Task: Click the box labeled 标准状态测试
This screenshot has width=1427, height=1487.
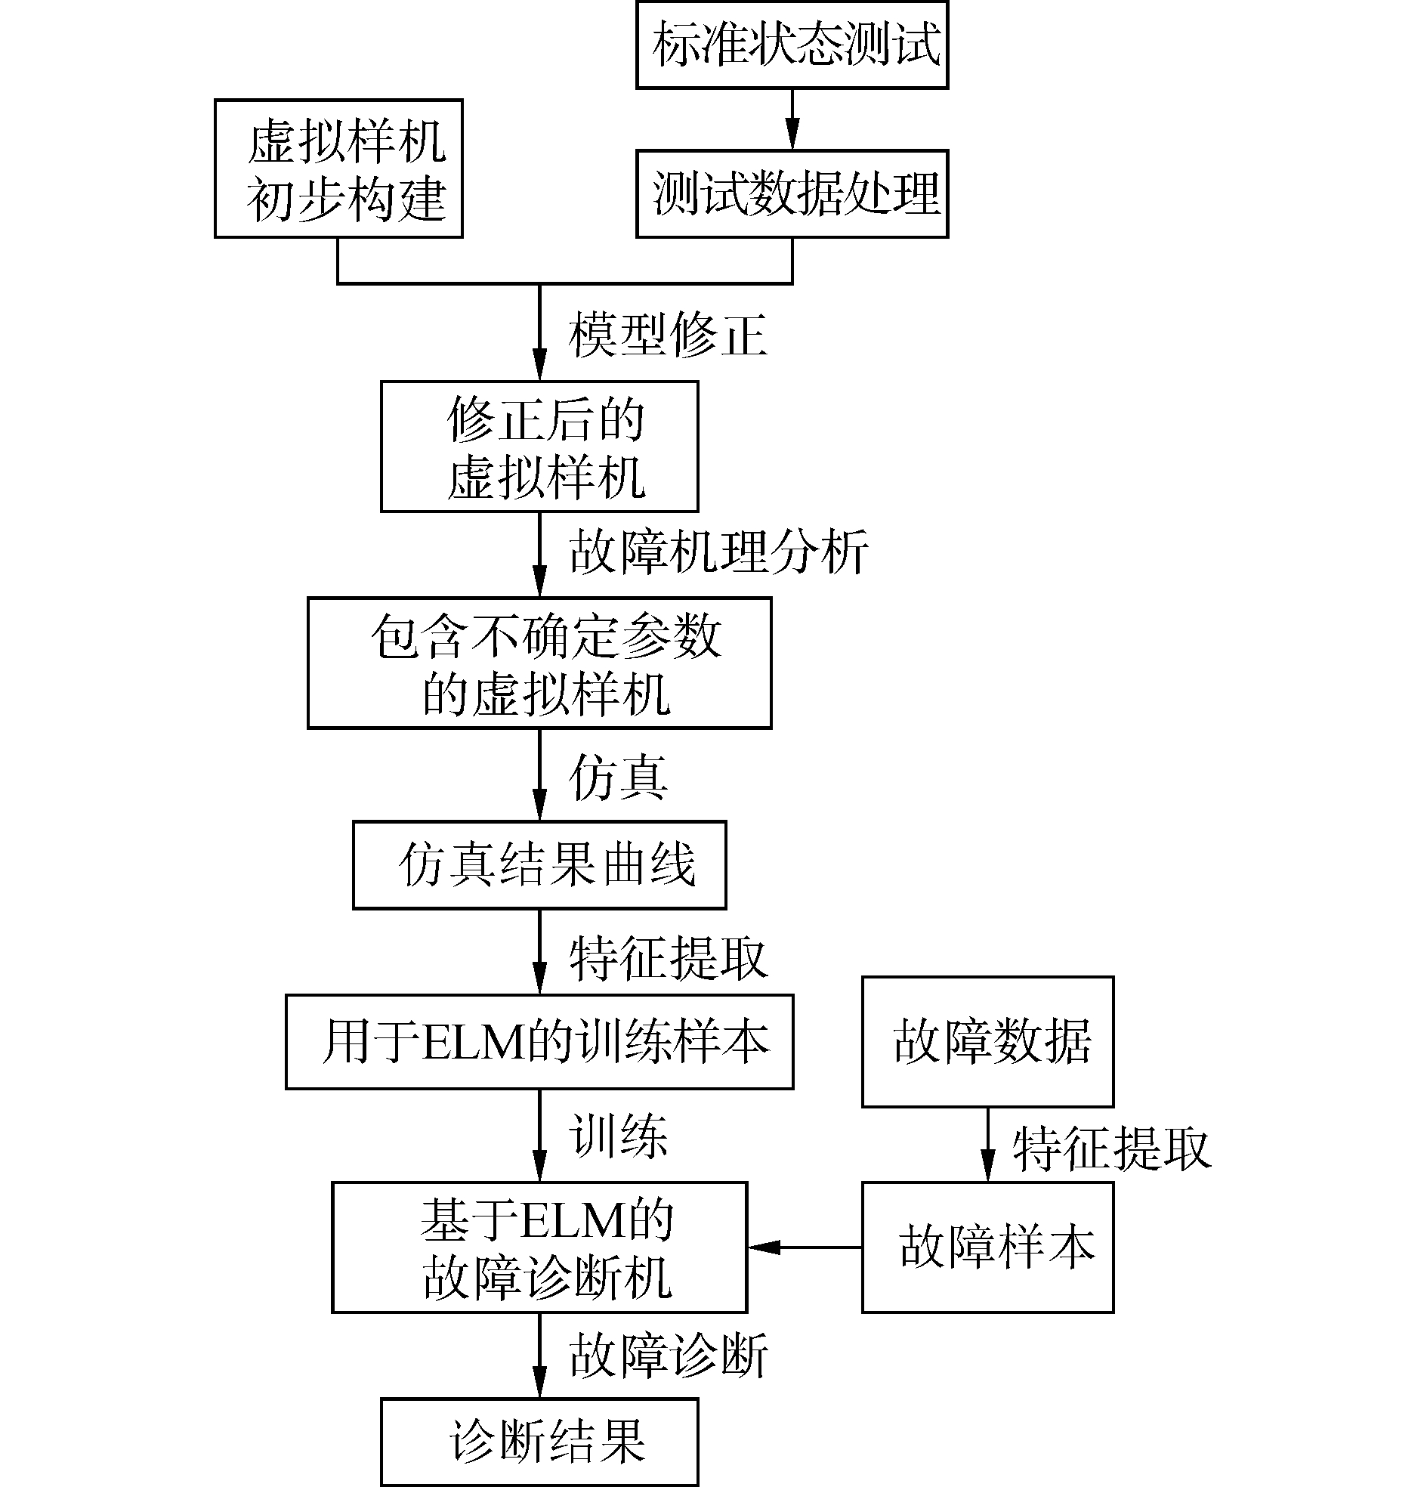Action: (792, 45)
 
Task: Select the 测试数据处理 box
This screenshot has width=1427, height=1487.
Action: (792, 193)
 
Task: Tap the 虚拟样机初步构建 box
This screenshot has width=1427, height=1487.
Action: (338, 168)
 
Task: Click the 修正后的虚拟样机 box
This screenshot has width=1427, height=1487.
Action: (539, 447)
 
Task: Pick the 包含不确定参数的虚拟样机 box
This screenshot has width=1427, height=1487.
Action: (539, 663)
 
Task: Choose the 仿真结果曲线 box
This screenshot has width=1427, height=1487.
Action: (539, 865)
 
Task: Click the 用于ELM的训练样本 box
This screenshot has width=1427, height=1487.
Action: (539, 1042)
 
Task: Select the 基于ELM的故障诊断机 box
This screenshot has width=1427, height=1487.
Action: (539, 1247)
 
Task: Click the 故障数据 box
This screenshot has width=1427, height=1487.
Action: (988, 1042)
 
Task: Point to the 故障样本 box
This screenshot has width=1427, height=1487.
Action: (988, 1247)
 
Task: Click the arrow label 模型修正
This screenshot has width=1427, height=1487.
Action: (668, 335)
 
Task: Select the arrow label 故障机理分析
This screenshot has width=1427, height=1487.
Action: (718, 552)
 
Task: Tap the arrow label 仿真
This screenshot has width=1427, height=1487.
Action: (618, 778)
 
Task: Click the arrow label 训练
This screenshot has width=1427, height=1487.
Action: (618, 1136)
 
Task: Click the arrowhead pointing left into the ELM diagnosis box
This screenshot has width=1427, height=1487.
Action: (763, 1247)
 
